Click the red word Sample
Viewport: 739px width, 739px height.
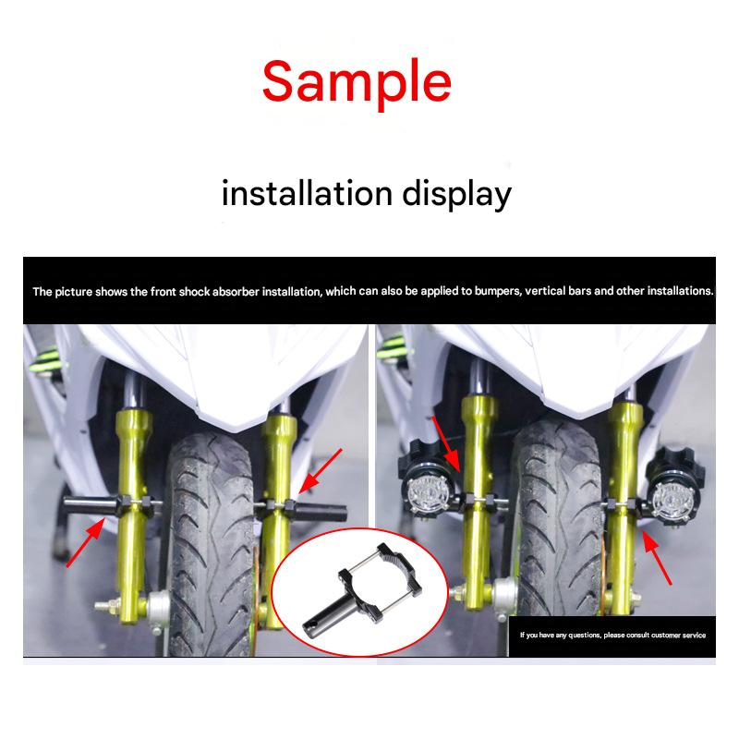click(357, 82)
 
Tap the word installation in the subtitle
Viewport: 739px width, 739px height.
click(307, 193)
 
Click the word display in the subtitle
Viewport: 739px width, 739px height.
click(456, 195)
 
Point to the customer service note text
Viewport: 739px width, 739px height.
click(612, 635)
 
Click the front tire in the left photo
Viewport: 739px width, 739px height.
click(210, 542)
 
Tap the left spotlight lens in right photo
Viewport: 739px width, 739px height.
click(428, 495)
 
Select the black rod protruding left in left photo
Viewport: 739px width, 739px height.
click(91, 506)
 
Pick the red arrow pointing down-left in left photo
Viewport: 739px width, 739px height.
click(320, 471)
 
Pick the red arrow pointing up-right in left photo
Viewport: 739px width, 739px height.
click(86, 542)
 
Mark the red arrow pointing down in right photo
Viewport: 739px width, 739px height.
click(446, 444)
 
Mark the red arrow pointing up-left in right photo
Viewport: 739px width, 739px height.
click(657, 557)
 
